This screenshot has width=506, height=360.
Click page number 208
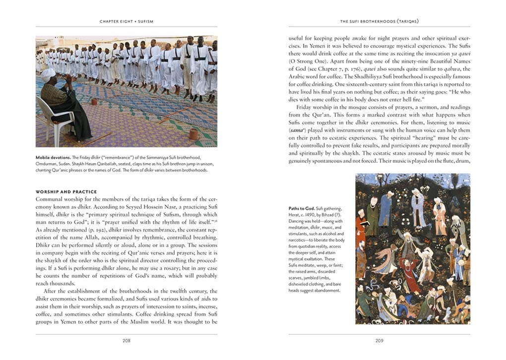pyautogui.click(x=126, y=341)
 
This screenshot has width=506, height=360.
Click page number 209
pyautogui.click(x=379, y=341)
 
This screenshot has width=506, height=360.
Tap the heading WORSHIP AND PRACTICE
pyautogui.click(x=66, y=192)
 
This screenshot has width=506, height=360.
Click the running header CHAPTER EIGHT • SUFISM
pyautogui.click(x=126, y=21)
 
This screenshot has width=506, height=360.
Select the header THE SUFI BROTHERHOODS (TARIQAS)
pyautogui.click(x=379, y=21)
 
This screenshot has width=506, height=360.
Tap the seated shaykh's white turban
pyautogui.click(x=48, y=73)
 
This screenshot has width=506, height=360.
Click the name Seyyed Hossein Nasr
pyautogui.click(x=160, y=207)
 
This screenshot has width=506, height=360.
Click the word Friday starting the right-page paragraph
pyautogui.click(x=307, y=107)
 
